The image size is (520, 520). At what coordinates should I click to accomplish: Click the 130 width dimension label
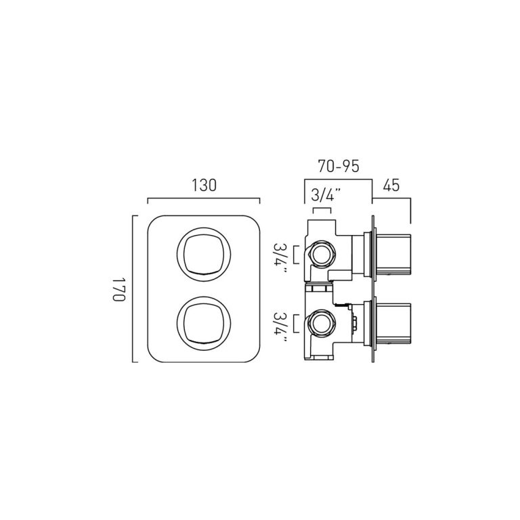pyautogui.click(x=204, y=185)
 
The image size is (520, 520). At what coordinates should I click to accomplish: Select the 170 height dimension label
pyautogui.click(x=118, y=289)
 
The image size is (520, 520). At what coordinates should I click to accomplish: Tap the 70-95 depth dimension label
pyautogui.click(x=339, y=167)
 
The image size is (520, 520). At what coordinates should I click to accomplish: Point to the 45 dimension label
pyautogui.click(x=391, y=186)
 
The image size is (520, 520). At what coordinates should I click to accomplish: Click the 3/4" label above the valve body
pyautogui.click(x=326, y=195)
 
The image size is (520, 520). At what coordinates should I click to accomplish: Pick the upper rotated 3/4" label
pyautogui.click(x=280, y=257)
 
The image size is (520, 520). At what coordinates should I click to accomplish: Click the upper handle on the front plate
pyautogui.click(x=204, y=255)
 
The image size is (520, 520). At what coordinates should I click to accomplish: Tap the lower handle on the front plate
pyautogui.click(x=204, y=324)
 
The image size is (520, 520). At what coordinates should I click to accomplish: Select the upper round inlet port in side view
pyautogui.click(x=322, y=255)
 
